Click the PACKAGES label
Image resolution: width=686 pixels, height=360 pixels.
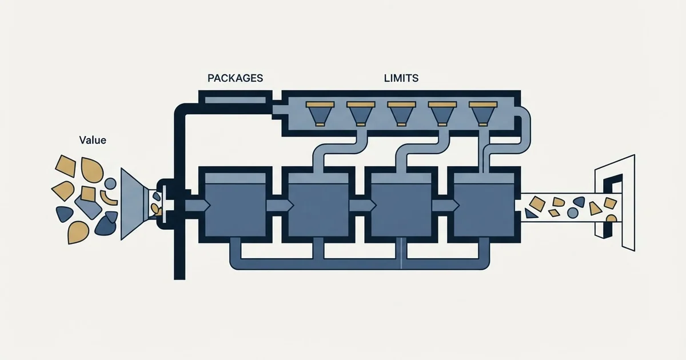pos(235,78)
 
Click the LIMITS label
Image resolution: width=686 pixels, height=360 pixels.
pos(401,78)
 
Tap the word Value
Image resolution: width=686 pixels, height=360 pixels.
pos(93,140)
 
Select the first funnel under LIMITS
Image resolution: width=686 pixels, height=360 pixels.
pos(320,114)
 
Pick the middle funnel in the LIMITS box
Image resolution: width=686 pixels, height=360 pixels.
pos(401,114)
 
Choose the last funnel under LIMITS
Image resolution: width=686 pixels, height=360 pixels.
pos(483,114)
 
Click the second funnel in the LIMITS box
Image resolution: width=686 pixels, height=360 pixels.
pos(361,114)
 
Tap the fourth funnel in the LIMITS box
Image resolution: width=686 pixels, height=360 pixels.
pos(442,114)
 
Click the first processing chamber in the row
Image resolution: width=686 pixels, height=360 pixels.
pos(235,205)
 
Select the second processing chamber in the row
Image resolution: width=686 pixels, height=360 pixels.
pos(318,205)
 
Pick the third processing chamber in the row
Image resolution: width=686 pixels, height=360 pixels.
pos(401,205)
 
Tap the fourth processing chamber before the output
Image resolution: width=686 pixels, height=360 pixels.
pos(484,205)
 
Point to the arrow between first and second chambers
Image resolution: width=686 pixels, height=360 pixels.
pos(280,205)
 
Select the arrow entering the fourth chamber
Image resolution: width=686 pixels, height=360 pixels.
pos(445,205)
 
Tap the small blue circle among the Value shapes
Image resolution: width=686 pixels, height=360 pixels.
pos(110,183)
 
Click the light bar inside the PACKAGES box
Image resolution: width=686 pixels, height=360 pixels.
pos(235,100)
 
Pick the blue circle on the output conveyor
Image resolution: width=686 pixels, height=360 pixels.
pos(572,213)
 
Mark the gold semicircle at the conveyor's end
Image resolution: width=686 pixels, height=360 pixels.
pos(611,218)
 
